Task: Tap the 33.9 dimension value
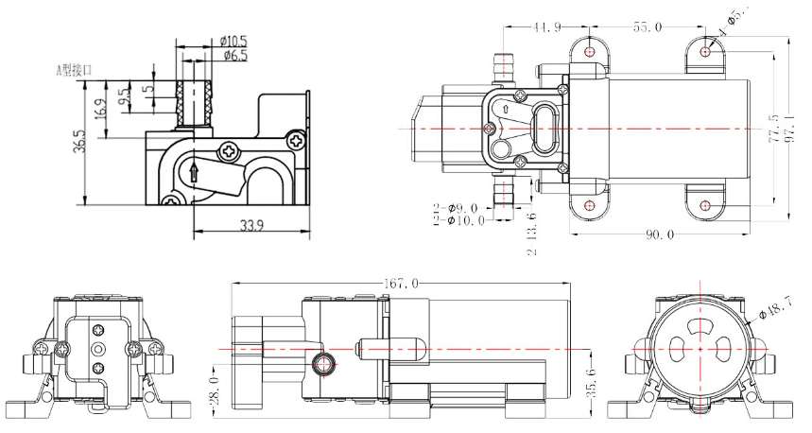[x=226, y=225]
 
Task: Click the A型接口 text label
[x=71, y=69]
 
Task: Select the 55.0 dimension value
[x=648, y=27]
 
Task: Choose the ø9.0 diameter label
[x=464, y=207]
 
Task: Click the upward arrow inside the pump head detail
[x=193, y=172]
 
